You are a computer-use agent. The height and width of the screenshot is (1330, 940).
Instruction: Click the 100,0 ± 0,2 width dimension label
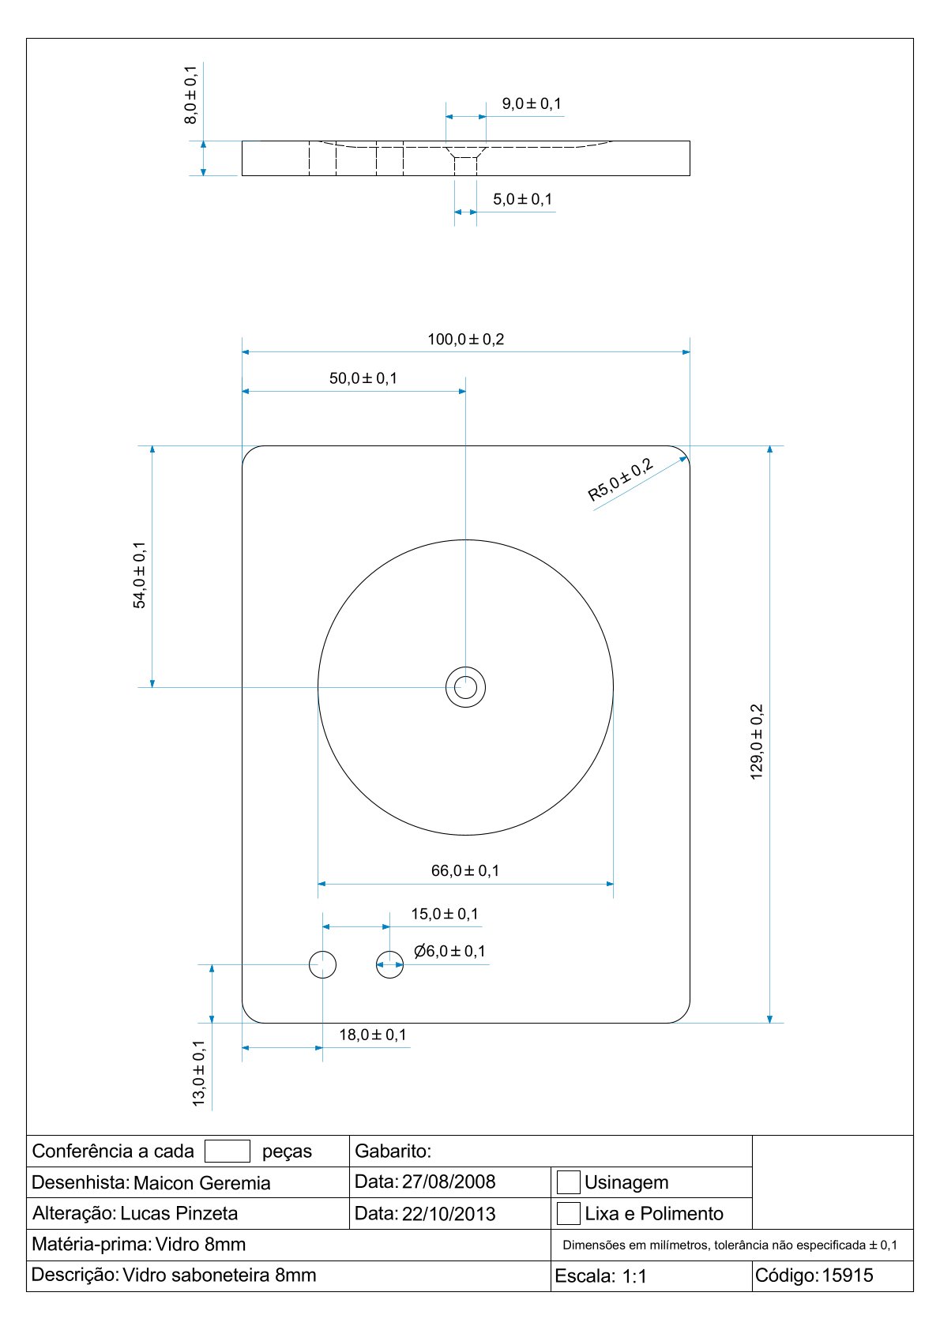point(465,339)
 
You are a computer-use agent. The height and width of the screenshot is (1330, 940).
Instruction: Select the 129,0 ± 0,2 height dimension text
point(757,742)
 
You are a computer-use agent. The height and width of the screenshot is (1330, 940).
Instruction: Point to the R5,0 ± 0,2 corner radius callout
point(620,479)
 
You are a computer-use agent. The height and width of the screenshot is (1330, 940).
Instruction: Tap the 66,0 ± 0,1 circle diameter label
point(465,870)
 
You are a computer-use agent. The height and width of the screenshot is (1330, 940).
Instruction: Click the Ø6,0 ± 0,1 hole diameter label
point(449,951)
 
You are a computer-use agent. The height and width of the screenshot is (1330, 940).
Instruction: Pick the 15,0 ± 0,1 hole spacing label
point(445,914)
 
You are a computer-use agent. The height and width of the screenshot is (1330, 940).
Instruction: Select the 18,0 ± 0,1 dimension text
point(373,1035)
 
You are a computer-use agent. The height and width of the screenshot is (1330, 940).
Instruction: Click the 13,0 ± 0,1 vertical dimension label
point(199,1073)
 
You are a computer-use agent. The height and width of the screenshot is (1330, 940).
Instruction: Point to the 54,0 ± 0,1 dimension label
point(139,575)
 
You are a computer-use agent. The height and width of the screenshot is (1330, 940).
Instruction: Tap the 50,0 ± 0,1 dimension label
point(363,378)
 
